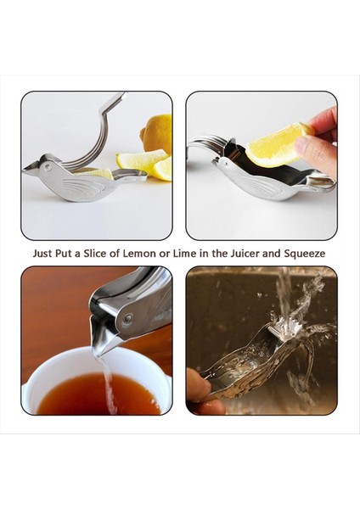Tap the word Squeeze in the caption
306,253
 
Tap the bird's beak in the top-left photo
28,168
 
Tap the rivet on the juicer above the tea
127,320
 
